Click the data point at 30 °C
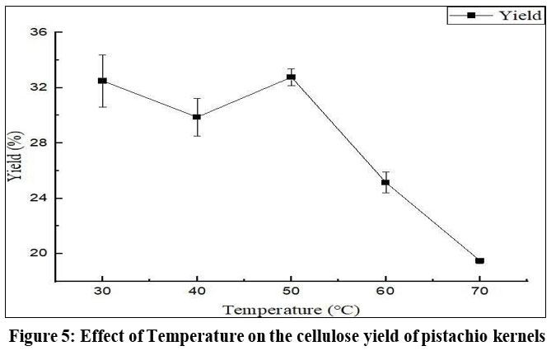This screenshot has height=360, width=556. [102, 81]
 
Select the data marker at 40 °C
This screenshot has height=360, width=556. [197, 117]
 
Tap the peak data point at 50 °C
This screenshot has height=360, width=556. [291, 77]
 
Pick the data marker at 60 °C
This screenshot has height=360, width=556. [385, 183]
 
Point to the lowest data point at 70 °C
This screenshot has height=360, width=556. [479, 261]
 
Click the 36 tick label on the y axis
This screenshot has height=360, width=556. [39, 32]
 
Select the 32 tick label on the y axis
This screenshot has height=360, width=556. [39, 87]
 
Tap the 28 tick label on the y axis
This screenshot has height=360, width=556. [39, 143]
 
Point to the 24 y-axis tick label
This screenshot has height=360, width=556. [39, 198]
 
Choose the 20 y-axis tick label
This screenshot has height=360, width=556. [39, 253]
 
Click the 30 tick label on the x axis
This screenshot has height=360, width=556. [102, 292]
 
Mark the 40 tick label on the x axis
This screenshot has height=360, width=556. [197, 292]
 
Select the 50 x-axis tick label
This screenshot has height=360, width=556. [291, 292]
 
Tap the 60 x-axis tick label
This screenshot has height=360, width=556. [385, 292]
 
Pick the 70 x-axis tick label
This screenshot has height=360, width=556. [479, 292]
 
